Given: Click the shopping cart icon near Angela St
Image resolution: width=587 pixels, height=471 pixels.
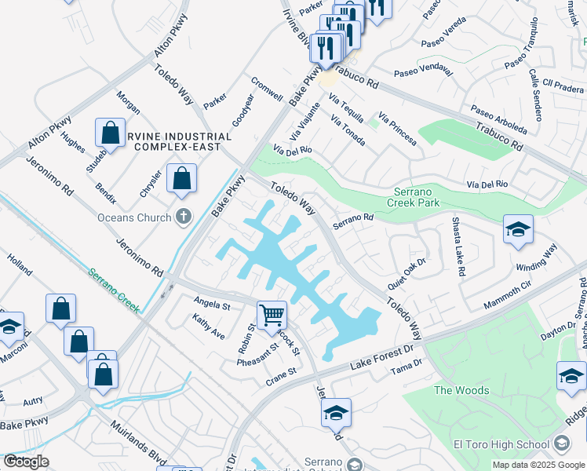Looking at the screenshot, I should [x=272, y=314].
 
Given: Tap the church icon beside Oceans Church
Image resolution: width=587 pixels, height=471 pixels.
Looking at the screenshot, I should [x=183, y=217].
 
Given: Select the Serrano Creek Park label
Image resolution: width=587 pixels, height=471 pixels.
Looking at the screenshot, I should [x=417, y=196].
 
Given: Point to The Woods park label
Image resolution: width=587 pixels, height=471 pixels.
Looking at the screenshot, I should [x=461, y=390].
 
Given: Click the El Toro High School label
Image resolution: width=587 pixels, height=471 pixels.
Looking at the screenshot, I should [x=501, y=445].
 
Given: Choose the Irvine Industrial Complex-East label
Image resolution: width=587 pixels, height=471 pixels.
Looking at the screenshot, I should [x=181, y=141].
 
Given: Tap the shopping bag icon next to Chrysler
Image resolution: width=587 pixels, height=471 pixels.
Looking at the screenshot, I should [x=182, y=177].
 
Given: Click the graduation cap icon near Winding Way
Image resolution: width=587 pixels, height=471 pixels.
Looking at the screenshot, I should [x=518, y=229].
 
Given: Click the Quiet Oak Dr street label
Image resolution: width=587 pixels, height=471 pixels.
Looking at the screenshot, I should [x=407, y=273].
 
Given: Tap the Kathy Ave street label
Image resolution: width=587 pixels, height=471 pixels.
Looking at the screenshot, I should [x=208, y=327].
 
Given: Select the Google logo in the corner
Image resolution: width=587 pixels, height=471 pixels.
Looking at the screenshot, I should [x=26, y=462].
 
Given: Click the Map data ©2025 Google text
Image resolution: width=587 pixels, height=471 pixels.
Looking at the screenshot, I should [x=538, y=465].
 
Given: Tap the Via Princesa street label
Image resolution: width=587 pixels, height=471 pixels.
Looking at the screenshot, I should [x=397, y=128].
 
